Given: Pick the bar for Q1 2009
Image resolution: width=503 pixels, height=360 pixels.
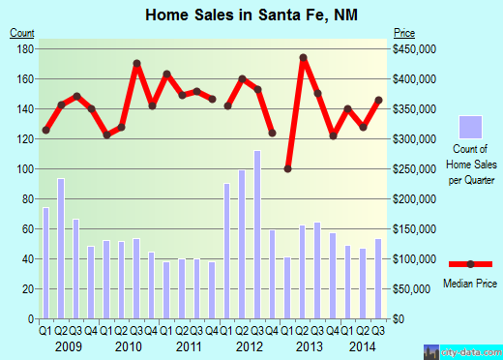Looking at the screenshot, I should tap(45, 262).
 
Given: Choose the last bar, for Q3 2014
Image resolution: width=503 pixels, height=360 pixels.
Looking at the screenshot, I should tap(378, 278).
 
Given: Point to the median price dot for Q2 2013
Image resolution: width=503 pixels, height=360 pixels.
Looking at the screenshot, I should tap(304, 58).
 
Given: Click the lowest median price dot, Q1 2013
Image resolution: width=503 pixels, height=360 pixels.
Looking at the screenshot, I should tap(288, 168).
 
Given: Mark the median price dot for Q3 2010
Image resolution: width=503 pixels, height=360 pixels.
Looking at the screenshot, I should tap(137, 64).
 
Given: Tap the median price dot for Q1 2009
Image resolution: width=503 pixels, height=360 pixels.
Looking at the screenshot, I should tap(45, 130).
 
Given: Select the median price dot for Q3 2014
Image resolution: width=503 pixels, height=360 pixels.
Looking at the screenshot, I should tap(378, 100).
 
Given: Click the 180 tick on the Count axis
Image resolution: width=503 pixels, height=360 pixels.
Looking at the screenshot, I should tap(26, 48).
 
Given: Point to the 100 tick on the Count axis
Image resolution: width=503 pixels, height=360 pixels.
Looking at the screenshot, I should tap(26, 168).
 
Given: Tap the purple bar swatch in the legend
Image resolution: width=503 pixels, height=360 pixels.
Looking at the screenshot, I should tap(471, 127).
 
